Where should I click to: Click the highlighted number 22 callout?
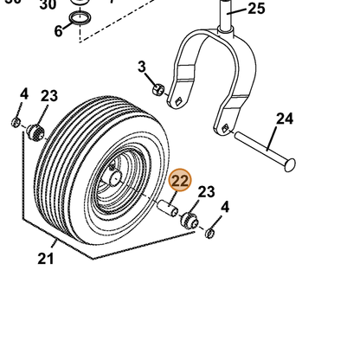coord(180,180)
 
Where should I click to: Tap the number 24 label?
coord(285,119)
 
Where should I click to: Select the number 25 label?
coord(256,9)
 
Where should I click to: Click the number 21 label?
coord(46,259)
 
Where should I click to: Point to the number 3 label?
coord(142,67)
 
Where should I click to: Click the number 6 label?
coord(58,31)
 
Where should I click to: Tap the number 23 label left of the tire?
coord(49,96)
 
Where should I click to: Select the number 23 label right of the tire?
coord(206,192)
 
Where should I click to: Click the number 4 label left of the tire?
coord(24,94)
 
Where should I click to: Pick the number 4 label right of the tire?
coord(225,207)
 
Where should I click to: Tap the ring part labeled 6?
coord(80,18)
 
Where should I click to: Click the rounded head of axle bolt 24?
coord(290,165)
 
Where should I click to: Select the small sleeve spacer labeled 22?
coord(168,209)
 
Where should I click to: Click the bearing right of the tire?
coord(190,221)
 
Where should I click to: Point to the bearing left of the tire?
coord(35,132)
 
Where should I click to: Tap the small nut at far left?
coord(16,122)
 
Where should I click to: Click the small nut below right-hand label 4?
coord(209,233)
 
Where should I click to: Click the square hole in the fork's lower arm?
coord(224,127)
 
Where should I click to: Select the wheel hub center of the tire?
coord(115,177)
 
